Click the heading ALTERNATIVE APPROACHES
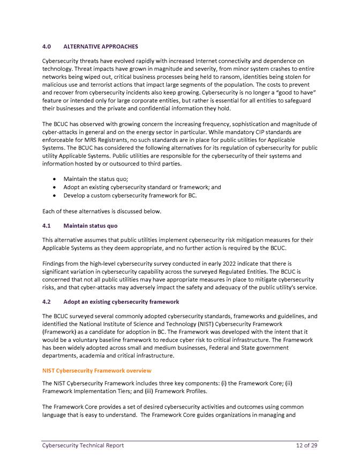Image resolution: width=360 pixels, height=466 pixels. [x=100, y=47]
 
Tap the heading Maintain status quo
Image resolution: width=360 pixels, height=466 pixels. [x=90, y=226]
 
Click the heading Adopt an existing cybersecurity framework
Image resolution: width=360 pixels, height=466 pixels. [x=121, y=302]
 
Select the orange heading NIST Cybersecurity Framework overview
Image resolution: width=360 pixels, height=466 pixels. [x=96, y=371]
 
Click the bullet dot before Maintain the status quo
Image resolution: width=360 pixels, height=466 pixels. [x=56, y=179]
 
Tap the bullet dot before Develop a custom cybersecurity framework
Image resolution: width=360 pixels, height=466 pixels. [x=56, y=196]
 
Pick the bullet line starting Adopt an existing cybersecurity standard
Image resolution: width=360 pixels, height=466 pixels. [x=142, y=187]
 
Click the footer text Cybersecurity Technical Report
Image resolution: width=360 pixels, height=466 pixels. [x=83, y=446]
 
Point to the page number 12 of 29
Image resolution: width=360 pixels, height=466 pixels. [x=307, y=446]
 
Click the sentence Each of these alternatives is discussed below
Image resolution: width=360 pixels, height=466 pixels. [x=101, y=211]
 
